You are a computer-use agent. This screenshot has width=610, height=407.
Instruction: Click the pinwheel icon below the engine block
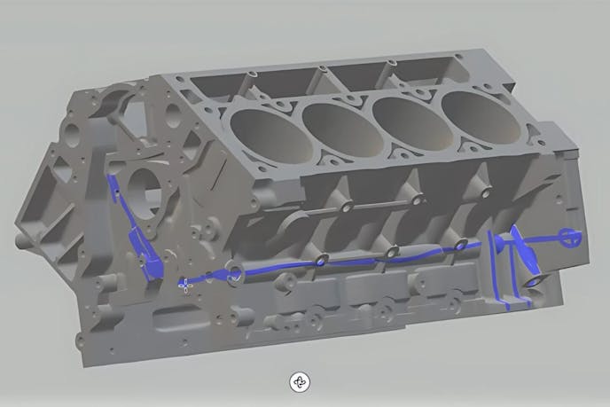tap(300, 382)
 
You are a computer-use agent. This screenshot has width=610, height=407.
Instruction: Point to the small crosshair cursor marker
tap(185, 285)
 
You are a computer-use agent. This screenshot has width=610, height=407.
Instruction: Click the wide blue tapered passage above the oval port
tap(524, 257)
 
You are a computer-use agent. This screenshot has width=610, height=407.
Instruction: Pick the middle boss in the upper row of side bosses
tap(413, 198)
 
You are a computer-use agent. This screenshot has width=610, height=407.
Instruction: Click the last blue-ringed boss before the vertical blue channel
tap(459, 244)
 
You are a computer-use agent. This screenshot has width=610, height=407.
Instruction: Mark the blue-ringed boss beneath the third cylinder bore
tap(390, 253)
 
